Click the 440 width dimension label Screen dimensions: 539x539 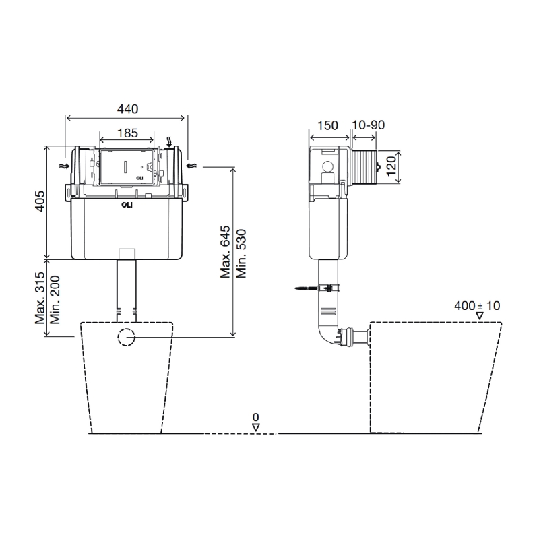127,109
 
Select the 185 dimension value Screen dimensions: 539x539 127,133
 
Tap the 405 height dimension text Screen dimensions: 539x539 40,201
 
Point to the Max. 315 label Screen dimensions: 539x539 40,298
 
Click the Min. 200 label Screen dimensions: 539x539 55,300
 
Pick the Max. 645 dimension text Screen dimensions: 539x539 225,251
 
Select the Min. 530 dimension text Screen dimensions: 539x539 241,253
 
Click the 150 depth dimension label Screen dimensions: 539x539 327,125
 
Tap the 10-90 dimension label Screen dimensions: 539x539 369,125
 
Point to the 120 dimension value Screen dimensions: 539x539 391,166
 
